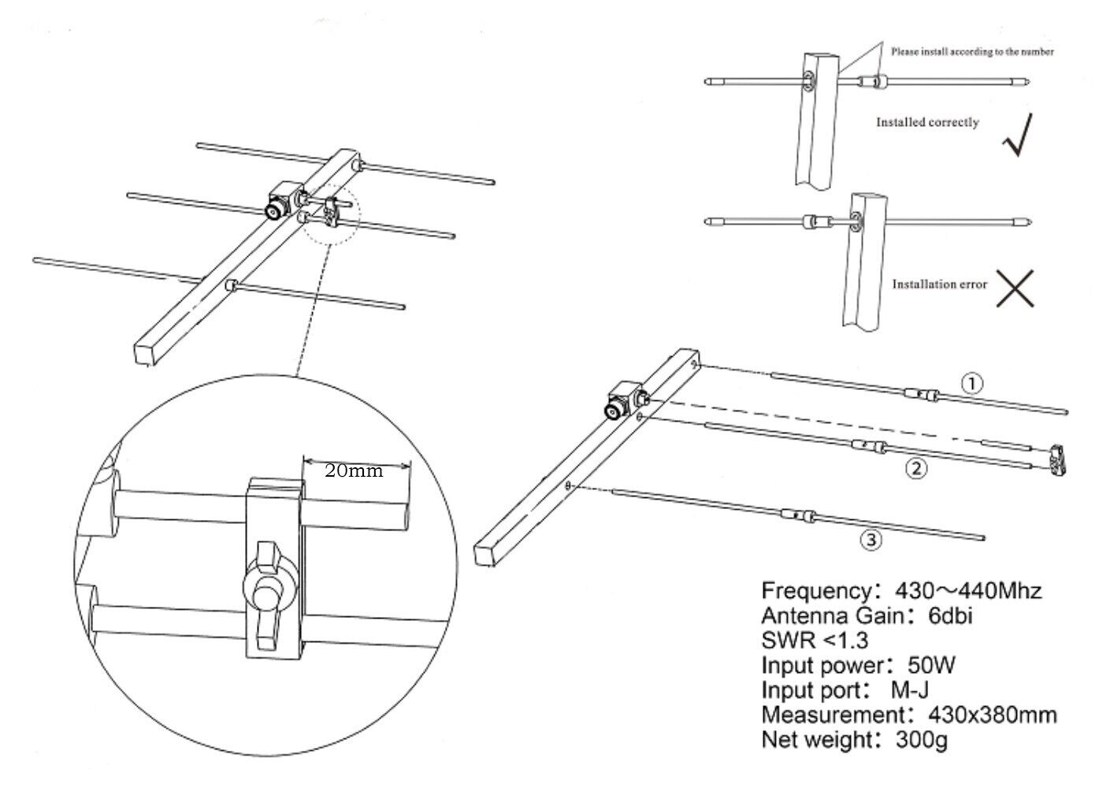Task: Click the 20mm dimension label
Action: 354,471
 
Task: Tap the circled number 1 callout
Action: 974,383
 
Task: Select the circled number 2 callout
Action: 915,469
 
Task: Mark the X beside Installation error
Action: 1014,288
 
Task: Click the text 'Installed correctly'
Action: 927,123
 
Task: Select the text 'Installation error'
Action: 939,284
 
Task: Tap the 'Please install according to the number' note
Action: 972,52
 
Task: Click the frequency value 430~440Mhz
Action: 968,590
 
